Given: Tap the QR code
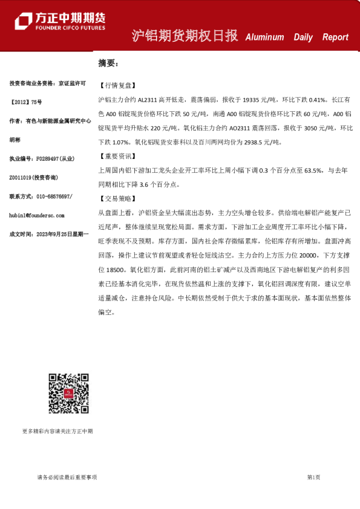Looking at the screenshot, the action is pos(69,394).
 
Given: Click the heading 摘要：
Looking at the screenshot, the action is pos(109,63).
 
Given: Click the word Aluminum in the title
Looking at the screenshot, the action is pos(264,37).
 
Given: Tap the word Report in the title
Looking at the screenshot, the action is pos(335,37).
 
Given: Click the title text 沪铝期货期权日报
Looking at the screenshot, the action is pos(185,36).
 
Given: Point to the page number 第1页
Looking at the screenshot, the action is pos(313,478).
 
